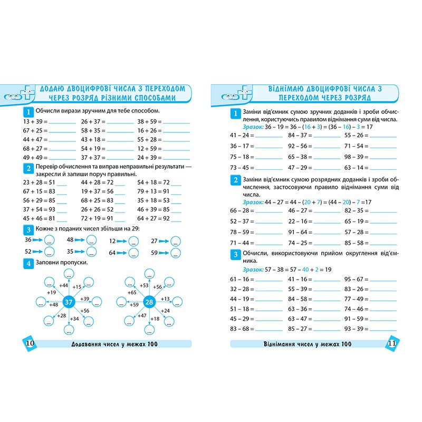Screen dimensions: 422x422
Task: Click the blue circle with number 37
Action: (68, 302)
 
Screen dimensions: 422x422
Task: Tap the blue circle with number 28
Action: (149, 302)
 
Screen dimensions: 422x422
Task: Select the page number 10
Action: (30, 343)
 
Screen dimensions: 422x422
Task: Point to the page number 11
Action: (391, 343)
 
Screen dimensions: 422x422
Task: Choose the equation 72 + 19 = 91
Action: (97, 218)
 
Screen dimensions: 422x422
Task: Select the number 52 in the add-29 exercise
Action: (28, 252)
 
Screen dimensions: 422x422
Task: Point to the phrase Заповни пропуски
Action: (61, 263)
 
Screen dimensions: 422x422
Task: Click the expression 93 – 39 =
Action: (356, 329)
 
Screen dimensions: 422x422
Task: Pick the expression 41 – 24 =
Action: (242, 135)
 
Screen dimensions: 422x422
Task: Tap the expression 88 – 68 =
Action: (242, 329)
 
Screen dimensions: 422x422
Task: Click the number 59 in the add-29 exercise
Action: (155, 253)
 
